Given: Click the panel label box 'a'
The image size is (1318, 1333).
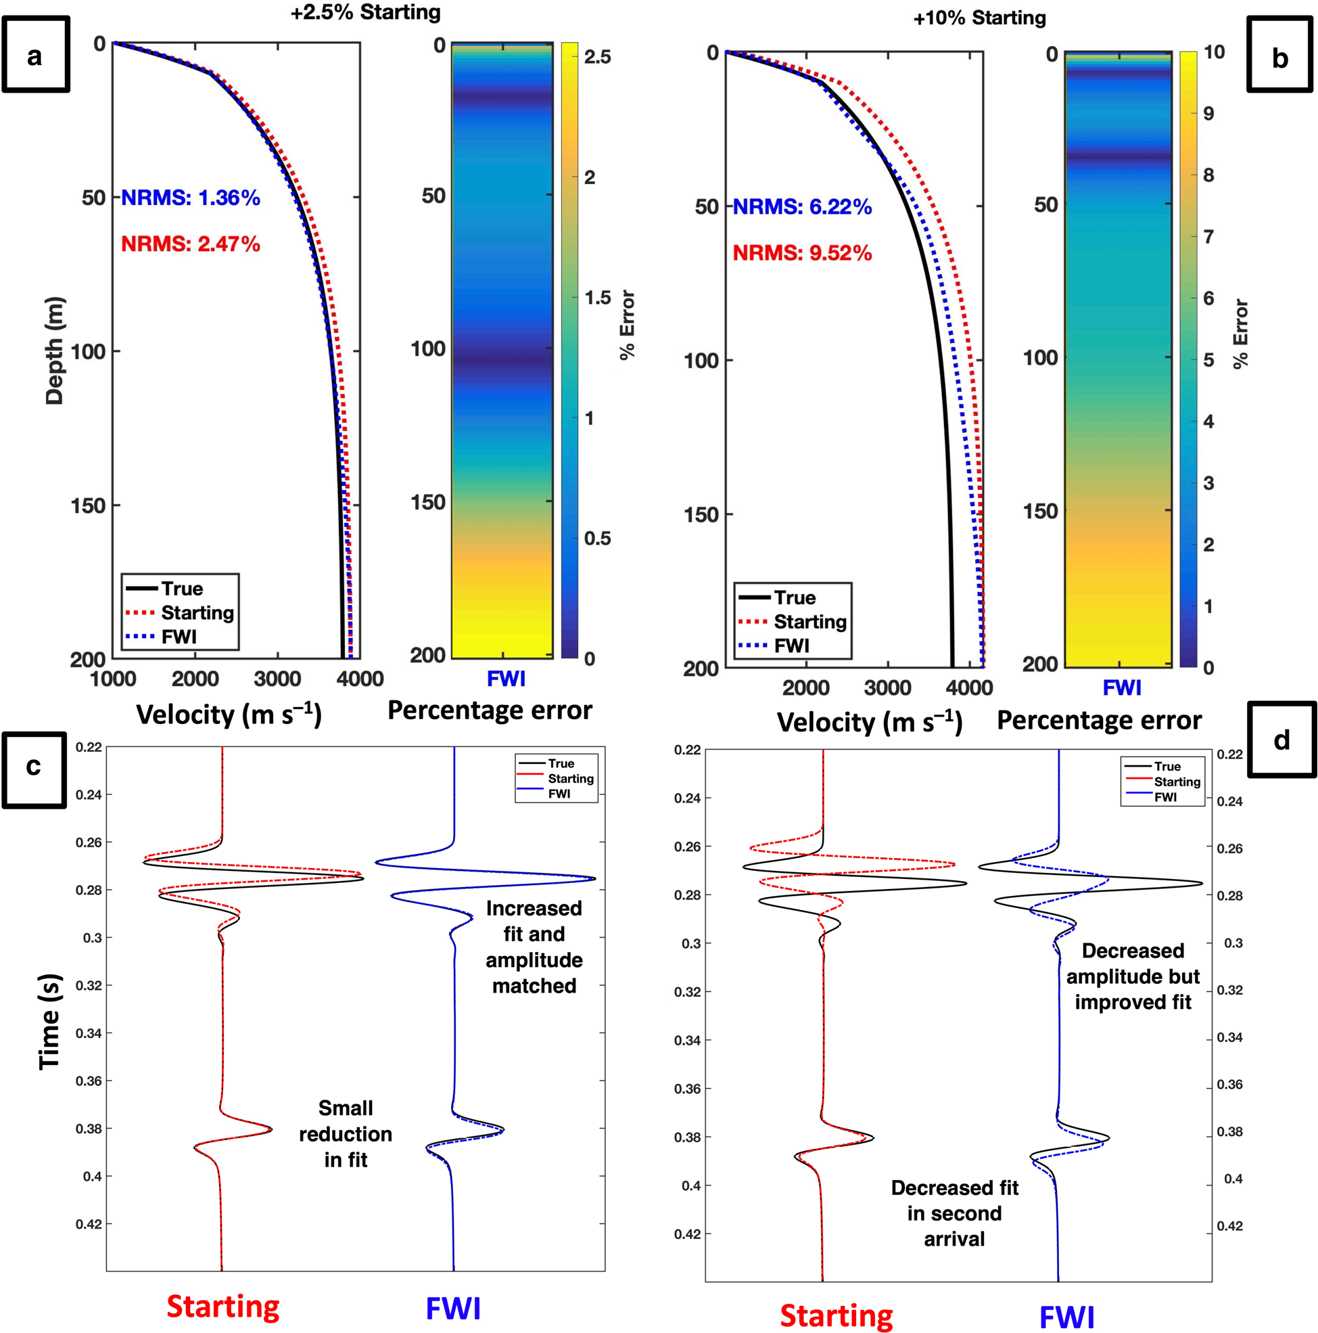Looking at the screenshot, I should click(x=35, y=55).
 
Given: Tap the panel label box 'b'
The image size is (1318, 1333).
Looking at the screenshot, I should click(x=1279, y=55).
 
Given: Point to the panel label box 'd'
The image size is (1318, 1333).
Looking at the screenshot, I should click(x=1281, y=739).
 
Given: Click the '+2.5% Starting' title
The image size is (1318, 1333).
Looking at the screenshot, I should click(x=365, y=12).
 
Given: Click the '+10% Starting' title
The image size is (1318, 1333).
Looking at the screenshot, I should click(x=979, y=18).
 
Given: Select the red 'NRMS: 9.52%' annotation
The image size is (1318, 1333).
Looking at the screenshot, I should click(x=802, y=253).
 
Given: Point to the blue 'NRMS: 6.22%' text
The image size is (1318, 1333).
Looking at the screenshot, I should click(x=802, y=207).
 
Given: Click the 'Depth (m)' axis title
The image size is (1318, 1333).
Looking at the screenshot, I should click(x=55, y=351).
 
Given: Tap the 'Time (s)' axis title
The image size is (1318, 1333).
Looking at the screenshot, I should click(x=49, y=1022).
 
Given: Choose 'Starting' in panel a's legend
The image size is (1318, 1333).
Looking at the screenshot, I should click(x=197, y=612).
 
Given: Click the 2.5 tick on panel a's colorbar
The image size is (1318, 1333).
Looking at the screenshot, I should click(x=597, y=57).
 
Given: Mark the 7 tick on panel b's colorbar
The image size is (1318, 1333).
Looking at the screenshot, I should click(x=1208, y=238).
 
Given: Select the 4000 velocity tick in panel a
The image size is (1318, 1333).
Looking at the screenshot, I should click(x=360, y=679).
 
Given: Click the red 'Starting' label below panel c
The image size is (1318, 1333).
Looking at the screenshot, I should click(x=222, y=1306).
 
